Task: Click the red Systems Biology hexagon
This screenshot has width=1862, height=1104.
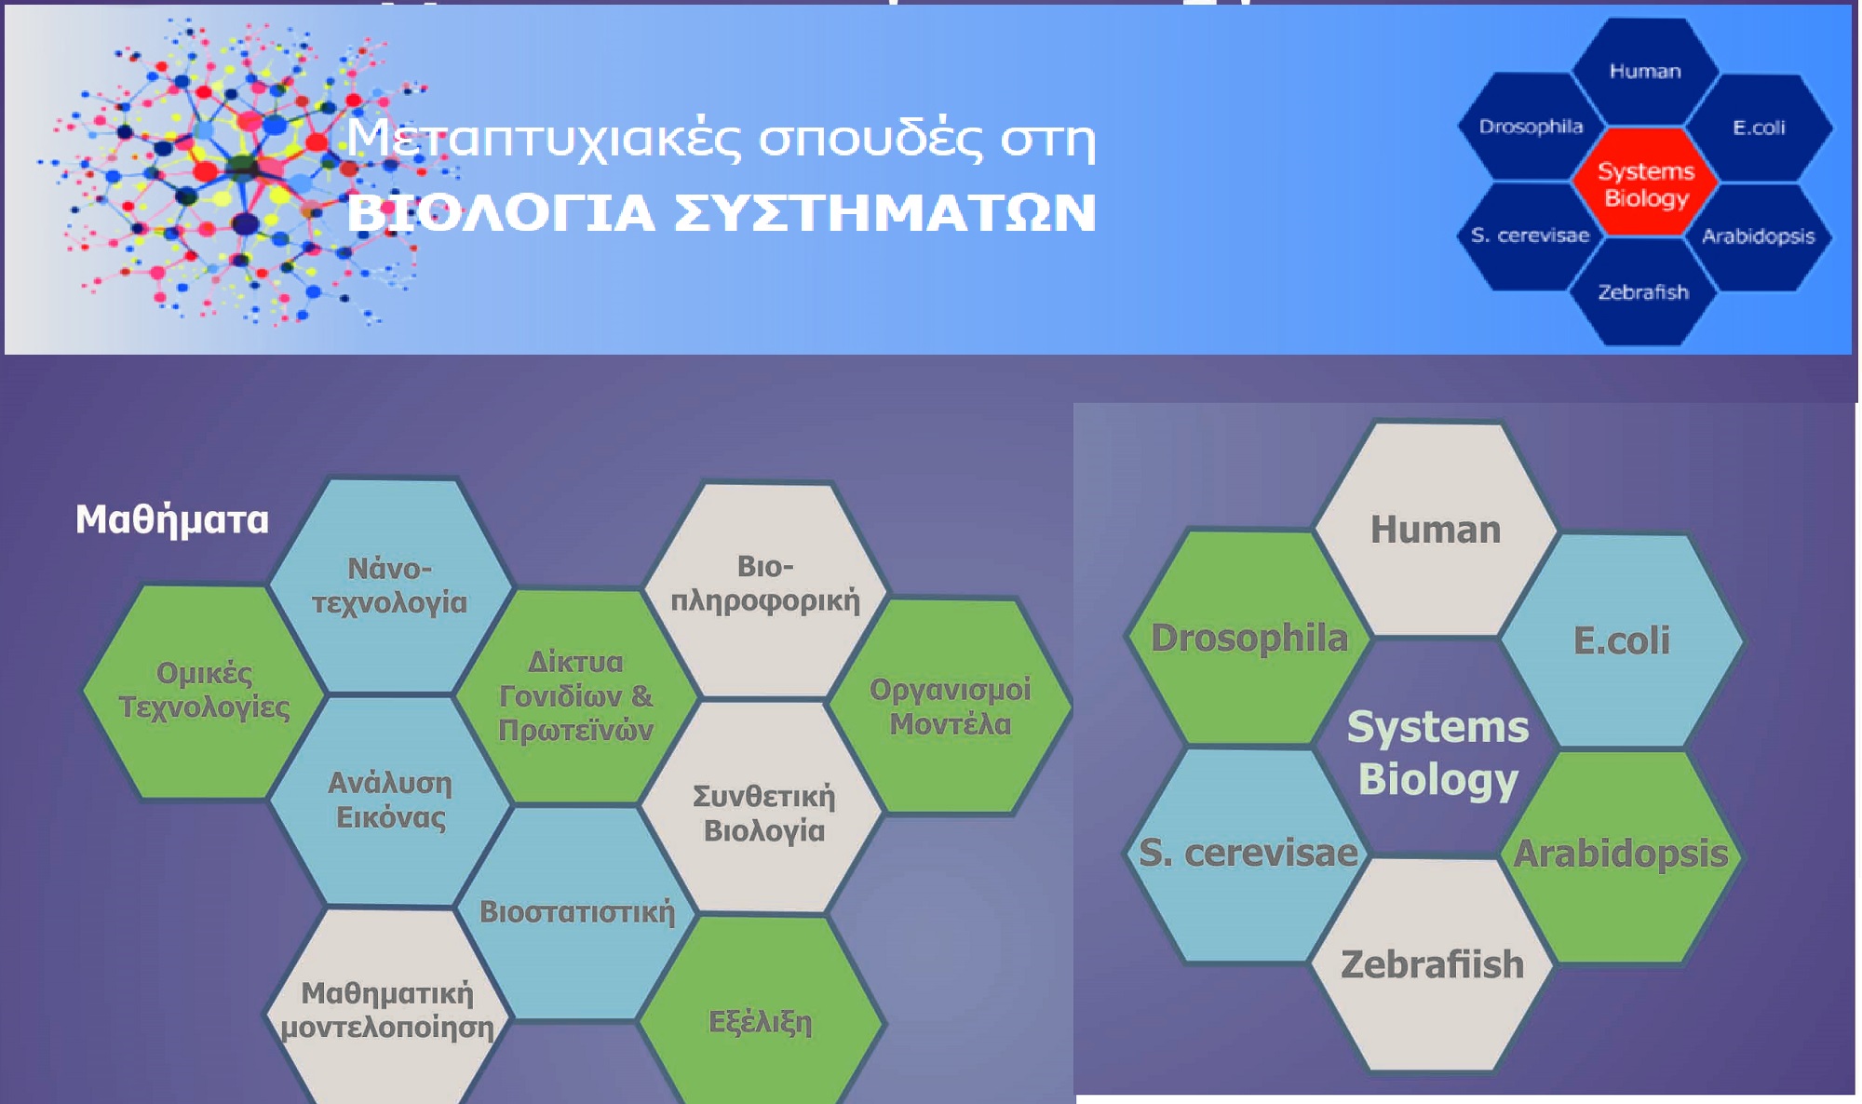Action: click(x=1645, y=183)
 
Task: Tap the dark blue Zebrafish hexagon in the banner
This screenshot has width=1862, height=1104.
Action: click(x=1643, y=292)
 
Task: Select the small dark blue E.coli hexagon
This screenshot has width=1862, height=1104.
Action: click(x=1759, y=128)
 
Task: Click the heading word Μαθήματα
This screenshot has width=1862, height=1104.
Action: click(x=172, y=519)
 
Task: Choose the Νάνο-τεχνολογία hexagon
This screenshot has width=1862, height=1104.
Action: click(x=390, y=586)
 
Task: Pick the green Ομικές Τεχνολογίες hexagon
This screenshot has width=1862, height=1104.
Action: click(x=204, y=692)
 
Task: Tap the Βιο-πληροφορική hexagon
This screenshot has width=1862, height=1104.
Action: click(x=765, y=589)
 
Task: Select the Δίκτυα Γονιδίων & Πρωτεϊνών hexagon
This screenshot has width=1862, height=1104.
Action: click(x=576, y=696)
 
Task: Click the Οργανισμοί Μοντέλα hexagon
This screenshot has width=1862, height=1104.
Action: click(x=950, y=707)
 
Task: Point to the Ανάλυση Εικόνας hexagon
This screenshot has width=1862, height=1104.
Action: click(x=390, y=801)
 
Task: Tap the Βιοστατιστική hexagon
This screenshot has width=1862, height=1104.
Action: click(x=576, y=913)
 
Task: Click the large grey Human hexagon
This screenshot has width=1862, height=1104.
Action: click(x=1435, y=530)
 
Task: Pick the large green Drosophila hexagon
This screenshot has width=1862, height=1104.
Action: click(x=1248, y=638)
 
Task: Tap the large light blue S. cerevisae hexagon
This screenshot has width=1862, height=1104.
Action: click(x=1248, y=855)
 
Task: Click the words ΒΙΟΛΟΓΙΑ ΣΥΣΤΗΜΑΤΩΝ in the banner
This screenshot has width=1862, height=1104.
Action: click(x=722, y=213)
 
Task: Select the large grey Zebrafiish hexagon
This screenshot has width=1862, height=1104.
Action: click(x=1432, y=964)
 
